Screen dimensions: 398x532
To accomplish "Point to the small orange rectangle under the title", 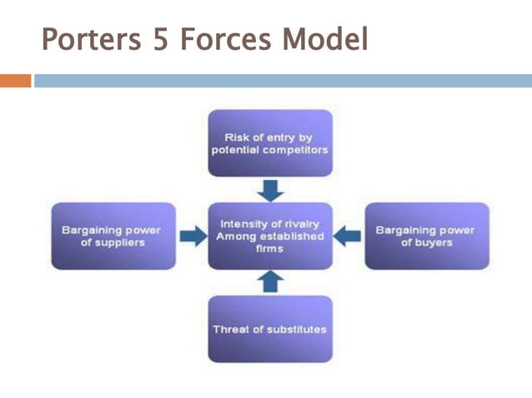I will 15,81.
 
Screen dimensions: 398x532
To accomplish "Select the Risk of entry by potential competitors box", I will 269,142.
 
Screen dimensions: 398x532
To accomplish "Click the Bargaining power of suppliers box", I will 113,236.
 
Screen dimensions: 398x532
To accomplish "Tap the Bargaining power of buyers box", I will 426,236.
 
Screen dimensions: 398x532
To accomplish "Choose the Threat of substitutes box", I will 269,329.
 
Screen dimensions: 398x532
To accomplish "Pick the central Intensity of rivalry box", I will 269,236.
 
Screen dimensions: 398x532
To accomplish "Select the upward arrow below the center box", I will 269,282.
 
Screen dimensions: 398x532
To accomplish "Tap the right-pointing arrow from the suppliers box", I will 192,236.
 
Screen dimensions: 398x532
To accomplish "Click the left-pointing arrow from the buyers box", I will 348,236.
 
